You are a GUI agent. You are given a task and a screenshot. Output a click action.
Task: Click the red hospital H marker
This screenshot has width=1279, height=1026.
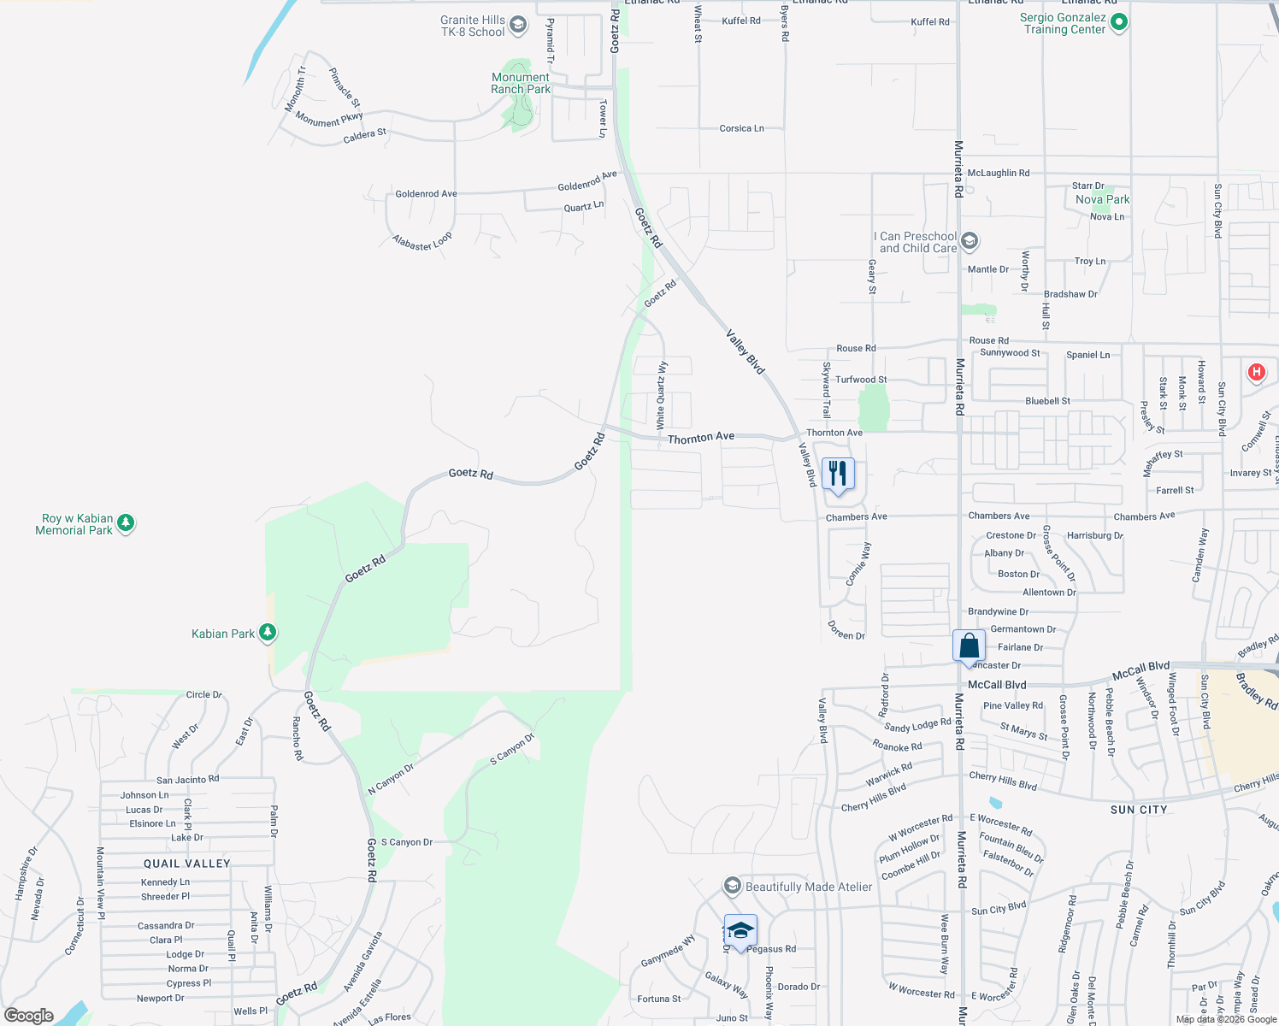click(1256, 372)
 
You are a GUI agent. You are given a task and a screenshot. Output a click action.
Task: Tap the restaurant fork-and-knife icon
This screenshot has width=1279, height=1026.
click(838, 474)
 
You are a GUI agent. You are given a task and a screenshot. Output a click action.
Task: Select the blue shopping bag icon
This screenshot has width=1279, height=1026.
click(969, 646)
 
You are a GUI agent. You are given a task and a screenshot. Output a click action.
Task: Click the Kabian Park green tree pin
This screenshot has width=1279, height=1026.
click(268, 633)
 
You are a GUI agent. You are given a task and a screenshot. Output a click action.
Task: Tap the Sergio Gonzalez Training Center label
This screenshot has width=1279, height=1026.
click(1064, 23)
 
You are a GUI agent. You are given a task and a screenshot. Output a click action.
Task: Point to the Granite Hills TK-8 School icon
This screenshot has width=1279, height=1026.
click(517, 25)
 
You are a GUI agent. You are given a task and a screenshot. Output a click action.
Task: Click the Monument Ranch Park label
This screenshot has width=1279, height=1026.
click(521, 83)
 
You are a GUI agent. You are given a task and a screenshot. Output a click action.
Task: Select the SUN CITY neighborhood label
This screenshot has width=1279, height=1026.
click(1139, 810)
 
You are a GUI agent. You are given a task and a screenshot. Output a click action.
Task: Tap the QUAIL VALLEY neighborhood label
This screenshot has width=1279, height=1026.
click(187, 864)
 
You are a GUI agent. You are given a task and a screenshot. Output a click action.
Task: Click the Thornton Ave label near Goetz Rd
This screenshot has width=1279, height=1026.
click(701, 438)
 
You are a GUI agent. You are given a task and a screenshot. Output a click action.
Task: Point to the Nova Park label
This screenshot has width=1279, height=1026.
click(1103, 199)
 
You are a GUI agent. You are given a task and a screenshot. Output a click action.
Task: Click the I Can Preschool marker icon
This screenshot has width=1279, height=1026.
click(970, 241)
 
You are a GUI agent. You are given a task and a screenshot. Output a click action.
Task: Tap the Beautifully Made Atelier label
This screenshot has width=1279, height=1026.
click(809, 887)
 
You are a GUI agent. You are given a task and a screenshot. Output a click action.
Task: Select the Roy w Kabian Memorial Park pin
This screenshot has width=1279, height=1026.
click(126, 522)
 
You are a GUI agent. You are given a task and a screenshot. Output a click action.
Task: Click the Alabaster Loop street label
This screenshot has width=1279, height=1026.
click(422, 242)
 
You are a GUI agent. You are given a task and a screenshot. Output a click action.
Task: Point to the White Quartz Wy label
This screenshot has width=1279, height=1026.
click(661, 395)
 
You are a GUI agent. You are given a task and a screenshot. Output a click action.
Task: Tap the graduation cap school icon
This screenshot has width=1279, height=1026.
click(740, 930)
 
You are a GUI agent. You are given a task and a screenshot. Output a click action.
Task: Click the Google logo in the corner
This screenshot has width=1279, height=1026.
click(29, 1016)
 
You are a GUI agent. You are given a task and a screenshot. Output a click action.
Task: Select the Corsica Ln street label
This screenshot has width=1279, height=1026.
click(741, 128)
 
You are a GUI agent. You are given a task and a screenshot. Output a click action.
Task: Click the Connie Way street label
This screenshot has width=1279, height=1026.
click(858, 564)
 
